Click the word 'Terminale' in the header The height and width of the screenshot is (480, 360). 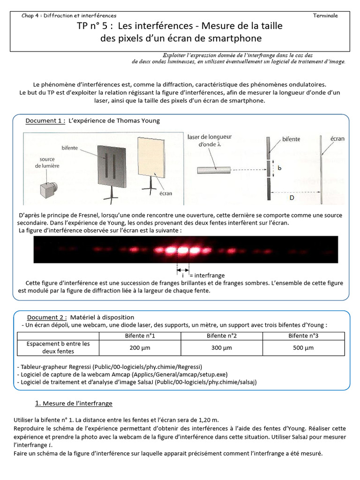(325, 15)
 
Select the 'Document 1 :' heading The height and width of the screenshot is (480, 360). (45, 121)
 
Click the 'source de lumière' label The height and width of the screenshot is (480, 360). (49, 162)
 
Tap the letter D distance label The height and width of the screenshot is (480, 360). (292, 198)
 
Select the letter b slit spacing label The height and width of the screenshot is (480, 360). (279, 169)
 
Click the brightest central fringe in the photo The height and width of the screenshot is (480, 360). (182, 250)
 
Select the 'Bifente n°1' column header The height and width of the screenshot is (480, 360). (140, 336)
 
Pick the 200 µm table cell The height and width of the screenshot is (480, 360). (140, 348)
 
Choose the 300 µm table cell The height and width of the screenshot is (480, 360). (222, 348)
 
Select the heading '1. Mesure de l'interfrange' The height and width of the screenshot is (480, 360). (74, 403)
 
